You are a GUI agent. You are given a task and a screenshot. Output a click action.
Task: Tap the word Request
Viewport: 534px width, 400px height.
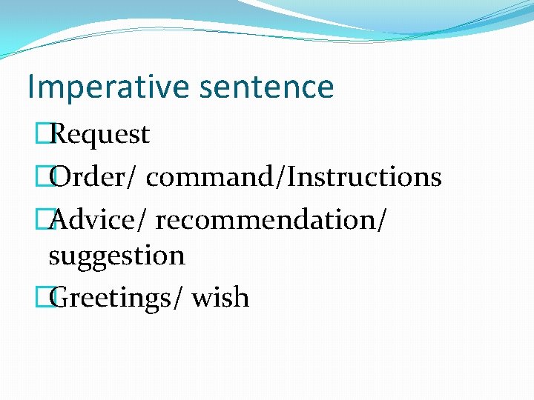[102, 135]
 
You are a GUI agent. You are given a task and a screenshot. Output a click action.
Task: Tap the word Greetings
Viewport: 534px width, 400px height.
[111, 299]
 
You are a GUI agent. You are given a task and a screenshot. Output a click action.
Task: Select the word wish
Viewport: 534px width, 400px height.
[220, 298]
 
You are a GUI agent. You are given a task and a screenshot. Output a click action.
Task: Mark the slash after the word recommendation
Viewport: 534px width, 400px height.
[380, 220]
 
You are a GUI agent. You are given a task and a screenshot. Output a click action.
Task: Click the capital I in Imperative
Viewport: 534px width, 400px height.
[30, 87]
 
